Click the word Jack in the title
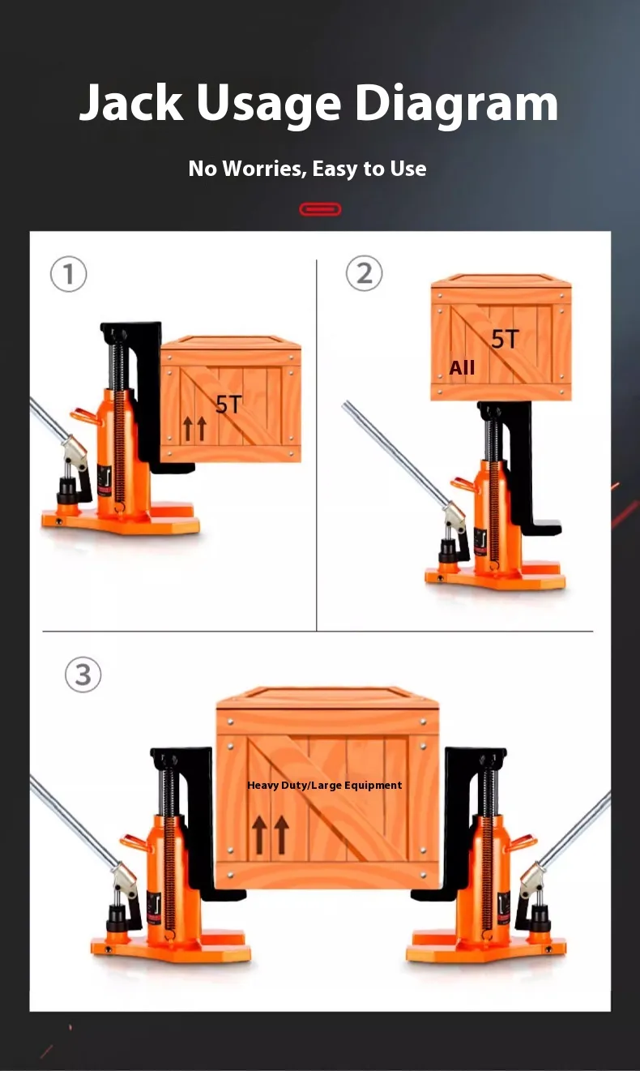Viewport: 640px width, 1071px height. (x=131, y=102)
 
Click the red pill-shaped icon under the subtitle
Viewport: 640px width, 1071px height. (x=320, y=209)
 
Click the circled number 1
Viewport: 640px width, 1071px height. (x=69, y=275)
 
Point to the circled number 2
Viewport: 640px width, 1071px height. (x=364, y=273)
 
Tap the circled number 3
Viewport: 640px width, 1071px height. (x=83, y=675)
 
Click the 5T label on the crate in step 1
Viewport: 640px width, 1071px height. (x=228, y=405)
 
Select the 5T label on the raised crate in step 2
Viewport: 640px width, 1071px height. (x=506, y=340)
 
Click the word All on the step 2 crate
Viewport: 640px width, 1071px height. (x=462, y=368)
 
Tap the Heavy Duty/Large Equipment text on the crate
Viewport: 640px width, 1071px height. (x=324, y=786)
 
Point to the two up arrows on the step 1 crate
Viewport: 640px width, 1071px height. (x=195, y=428)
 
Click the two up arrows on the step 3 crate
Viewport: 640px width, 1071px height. (x=271, y=835)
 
